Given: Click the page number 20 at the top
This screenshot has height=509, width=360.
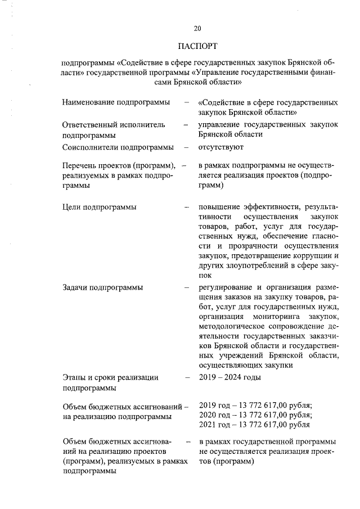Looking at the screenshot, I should click(x=197, y=29).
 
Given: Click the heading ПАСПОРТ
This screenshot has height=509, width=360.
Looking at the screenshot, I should click(x=197, y=45).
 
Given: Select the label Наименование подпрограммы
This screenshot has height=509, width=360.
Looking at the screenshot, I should click(x=116, y=103).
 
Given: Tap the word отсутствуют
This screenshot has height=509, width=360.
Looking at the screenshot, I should click(x=221, y=147).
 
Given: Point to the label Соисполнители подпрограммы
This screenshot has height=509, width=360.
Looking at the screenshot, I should click(x=118, y=147).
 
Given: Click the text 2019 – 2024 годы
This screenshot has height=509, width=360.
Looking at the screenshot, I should click(x=230, y=377).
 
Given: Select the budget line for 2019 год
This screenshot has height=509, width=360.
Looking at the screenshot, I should click(x=256, y=406).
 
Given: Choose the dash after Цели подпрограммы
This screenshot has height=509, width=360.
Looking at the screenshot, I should click(x=186, y=208).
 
